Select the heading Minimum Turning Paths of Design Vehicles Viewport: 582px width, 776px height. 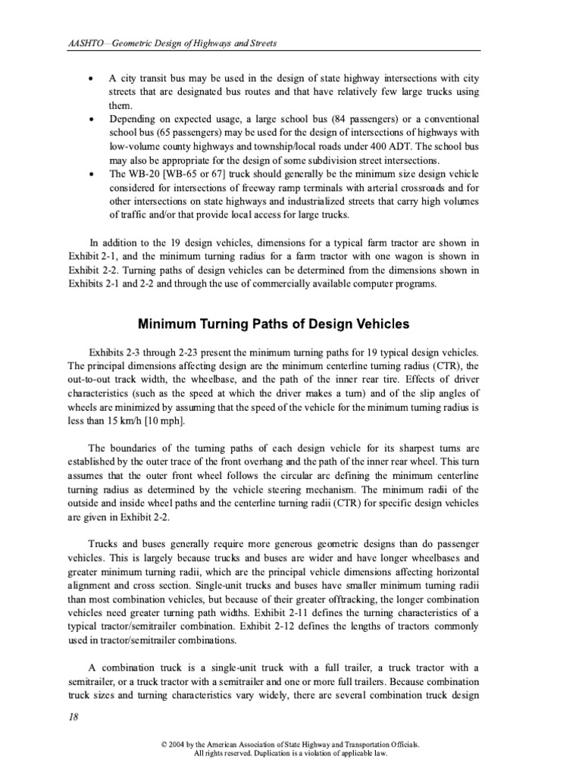(x=273, y=324)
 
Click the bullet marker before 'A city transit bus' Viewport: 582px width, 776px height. (x=92, y=80)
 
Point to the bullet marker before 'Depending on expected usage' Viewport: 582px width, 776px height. (x=92, y=120)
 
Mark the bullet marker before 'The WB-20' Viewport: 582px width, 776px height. (x=92, y=175)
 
